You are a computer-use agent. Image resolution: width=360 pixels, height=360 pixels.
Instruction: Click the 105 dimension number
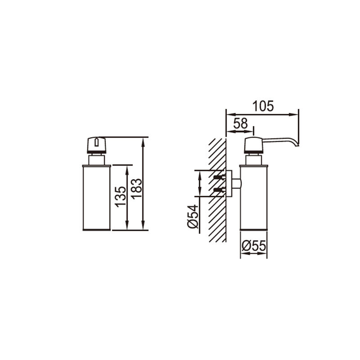click(x=263, y=106)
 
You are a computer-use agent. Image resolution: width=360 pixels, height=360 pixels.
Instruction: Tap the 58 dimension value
click(x=241, y=123)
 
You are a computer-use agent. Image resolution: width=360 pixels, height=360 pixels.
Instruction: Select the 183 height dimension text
click(x=137, y=189)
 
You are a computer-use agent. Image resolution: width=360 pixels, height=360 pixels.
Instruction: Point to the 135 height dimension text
click(x=121, y=197)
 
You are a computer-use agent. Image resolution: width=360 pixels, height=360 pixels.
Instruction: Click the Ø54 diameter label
click(x=193, y=216)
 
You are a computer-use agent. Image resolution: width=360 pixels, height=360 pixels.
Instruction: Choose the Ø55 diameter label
click(x=254, y=246)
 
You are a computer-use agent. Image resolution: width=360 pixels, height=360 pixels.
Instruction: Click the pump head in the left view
click(x=97, y=145)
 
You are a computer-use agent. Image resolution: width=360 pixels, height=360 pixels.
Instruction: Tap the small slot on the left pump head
click(x=97, y=142)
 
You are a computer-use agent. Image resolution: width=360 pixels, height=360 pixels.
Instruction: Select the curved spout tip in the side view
click(x=296, y=144)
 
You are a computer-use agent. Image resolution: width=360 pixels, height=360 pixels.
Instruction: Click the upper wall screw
click(x=219, y=177)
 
